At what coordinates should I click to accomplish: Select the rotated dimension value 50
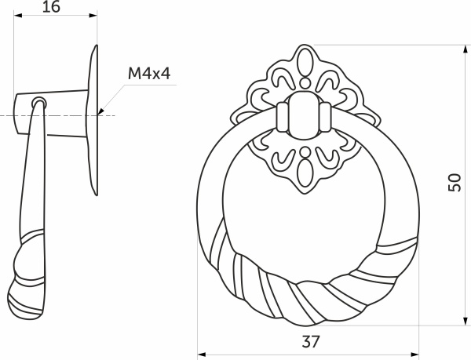point(453,182)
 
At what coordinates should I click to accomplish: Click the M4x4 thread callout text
point(149,75)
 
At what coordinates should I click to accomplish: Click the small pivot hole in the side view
point(37,101)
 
